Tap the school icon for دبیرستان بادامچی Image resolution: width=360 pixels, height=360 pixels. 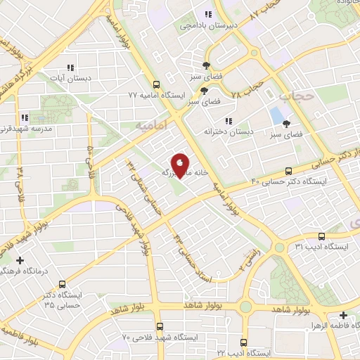[207, 14]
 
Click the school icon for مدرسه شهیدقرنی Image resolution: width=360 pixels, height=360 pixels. [25, 117]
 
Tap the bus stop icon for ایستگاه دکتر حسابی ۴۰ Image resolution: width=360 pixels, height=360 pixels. [289, 171]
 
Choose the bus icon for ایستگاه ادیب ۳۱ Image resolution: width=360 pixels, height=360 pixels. [321, 236]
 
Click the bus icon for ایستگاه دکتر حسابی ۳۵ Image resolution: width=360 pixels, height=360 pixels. [63, 285]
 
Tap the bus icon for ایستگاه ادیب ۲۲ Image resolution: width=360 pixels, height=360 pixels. [243, 326]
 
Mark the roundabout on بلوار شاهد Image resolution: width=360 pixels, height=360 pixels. [247, 307]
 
